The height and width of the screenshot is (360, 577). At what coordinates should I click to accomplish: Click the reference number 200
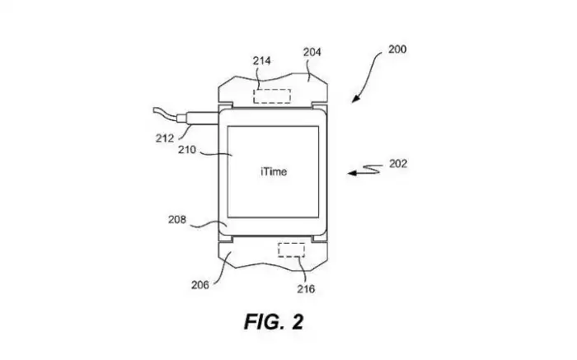(x=396, y=50)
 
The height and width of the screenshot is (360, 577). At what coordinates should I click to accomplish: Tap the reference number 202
(x=397, y=163)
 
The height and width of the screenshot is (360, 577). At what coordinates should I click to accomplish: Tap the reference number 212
(x=164, y=138)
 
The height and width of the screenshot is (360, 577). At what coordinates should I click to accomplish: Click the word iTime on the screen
(x=273, y=171)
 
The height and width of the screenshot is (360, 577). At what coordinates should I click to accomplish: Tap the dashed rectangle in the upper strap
(x=271, y=96)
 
